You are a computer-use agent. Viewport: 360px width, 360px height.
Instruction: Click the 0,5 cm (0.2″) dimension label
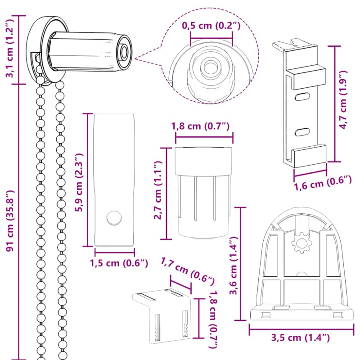click(x=211, y=26)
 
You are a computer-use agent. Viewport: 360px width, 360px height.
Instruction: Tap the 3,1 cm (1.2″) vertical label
click(x=10, y=49)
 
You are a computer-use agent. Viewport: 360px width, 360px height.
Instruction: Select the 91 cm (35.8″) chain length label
click(x=10, y=221)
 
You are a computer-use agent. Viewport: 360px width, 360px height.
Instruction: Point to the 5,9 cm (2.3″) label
click(x=79, y=182)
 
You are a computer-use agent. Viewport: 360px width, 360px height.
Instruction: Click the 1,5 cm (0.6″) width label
click(x=119, y=263)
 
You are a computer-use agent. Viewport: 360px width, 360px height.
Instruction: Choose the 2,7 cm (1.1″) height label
click(x=158, y=190)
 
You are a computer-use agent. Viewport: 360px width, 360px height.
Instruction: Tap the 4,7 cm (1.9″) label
click(x=343, y=100)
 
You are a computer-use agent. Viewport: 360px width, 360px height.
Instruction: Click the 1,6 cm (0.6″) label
click(x=323, y=183)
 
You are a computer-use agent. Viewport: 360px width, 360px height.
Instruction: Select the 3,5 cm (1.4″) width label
click(x=301, y=337)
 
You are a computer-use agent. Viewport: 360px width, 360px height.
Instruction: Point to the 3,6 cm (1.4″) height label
click(x=234, y=265)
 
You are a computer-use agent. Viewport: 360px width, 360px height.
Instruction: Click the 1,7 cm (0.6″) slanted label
click(x=187, y=270)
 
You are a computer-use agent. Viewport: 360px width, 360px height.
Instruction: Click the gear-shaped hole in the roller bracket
click(x=301, y=243)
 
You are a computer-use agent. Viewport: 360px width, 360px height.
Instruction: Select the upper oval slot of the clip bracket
click(x=302, y=97)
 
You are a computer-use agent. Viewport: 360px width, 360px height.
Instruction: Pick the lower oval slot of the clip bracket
click(x=302, y=132)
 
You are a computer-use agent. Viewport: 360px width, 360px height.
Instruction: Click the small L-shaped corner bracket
click(x=162, y=316)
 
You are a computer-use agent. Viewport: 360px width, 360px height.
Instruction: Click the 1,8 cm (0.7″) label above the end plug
click(x=200, y=126)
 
